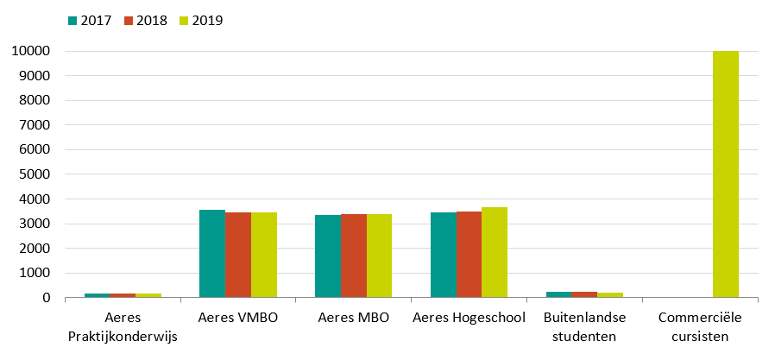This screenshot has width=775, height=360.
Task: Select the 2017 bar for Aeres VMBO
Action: [x=212, y=254]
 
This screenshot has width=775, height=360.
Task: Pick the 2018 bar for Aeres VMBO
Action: [x=238, y=255]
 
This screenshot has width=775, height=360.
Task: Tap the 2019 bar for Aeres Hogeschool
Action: [x=495, y=252]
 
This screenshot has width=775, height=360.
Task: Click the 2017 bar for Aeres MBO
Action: [x=328, y=256]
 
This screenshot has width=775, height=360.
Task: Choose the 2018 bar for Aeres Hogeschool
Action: [x=469, y=255]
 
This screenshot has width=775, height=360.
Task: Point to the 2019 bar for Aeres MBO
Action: [x=380, y=256]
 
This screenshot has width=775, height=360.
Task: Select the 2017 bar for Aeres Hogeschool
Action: [x=443, y=255]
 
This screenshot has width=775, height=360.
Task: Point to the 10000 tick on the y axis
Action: [x=31, y=52]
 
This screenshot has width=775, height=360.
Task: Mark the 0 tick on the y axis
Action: [x=46, y=298]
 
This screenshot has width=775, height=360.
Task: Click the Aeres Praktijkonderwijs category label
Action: [x=123, y=327]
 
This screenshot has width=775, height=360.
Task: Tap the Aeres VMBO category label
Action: [x=238, y=319]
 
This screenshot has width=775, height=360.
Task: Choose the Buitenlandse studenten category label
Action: [x=584, y=327]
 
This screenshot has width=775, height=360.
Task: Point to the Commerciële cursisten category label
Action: [x=700, y=327]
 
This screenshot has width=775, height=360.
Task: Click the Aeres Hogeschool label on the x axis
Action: [x=469, y=319]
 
